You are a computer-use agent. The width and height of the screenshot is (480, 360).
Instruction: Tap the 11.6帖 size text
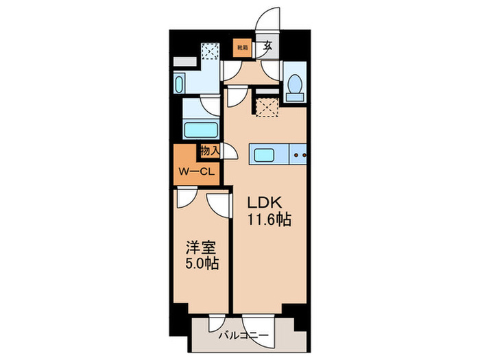click(269, 220)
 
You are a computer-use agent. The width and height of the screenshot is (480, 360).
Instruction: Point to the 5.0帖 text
click(201, 263)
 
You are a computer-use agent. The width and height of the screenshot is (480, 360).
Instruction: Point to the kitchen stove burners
click(299, 155)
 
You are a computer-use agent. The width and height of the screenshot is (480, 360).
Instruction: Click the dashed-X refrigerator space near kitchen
click(265, 106)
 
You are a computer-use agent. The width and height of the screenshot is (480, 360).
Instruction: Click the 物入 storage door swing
click(231, 152)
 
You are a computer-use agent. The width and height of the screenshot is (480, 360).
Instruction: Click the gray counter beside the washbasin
click(183, 62)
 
